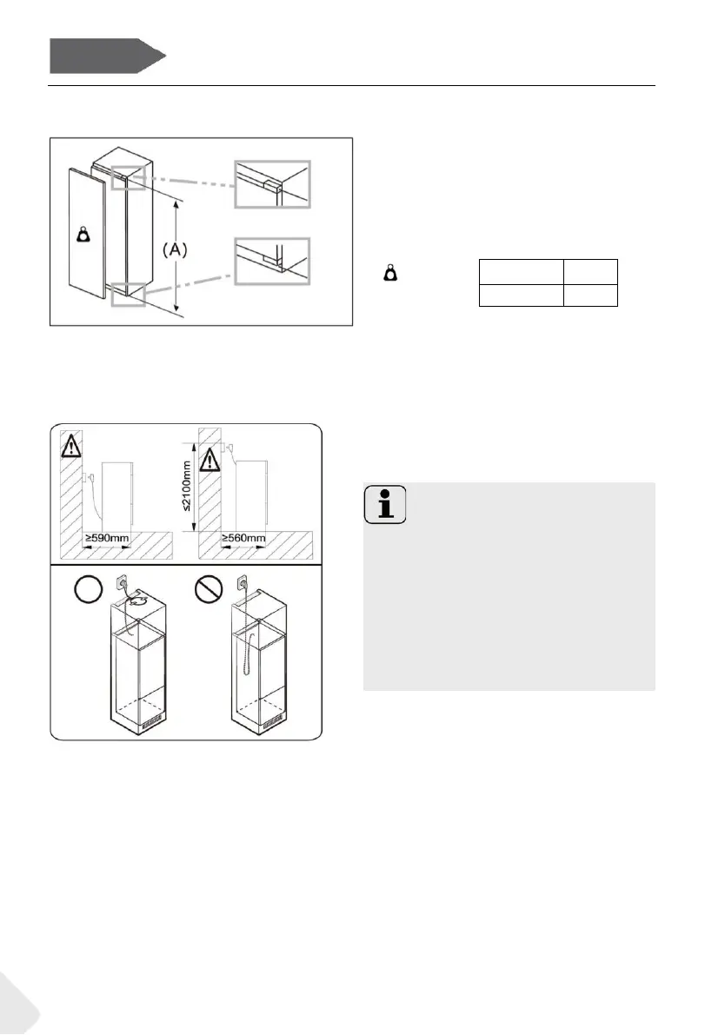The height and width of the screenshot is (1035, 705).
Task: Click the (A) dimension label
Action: (x=176, y=250)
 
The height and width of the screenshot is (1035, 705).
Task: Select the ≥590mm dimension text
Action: (x=107, y=539)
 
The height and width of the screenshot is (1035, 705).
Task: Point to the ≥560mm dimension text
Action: (x=243, y=539)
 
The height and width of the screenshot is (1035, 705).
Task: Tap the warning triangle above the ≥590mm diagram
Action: (x=70, y=446)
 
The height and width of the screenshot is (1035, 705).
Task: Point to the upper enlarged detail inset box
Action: (x=271, y=184)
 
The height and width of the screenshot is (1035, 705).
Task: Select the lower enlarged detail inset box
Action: (x=271, y=261)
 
